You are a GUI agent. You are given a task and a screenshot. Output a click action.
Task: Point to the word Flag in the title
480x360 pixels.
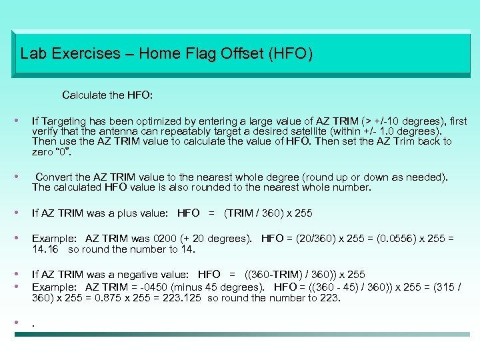pos(216,53)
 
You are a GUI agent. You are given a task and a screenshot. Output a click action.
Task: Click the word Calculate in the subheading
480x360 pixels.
pos(85,95)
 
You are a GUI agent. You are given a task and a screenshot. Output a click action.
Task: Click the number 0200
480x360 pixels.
pos(166,239)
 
